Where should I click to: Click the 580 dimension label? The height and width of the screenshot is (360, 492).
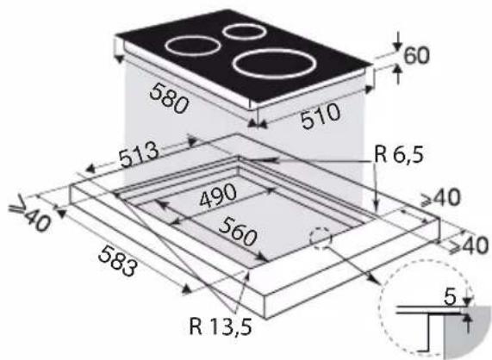point(170,98)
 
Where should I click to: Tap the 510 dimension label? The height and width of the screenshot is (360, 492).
point(321,116)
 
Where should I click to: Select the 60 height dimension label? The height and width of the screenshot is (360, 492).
point(416,55)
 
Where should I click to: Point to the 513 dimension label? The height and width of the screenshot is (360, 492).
point(139,154)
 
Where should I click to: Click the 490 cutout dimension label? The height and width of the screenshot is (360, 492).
point(218,195)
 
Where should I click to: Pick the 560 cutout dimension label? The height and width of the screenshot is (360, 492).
point(238,232)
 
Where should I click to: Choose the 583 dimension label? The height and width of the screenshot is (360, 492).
point(118,261)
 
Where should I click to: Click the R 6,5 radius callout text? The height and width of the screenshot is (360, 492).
point(399,154)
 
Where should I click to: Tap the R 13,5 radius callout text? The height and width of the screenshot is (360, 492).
point(221,326)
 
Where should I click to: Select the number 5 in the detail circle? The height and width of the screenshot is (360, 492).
point(450,298)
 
